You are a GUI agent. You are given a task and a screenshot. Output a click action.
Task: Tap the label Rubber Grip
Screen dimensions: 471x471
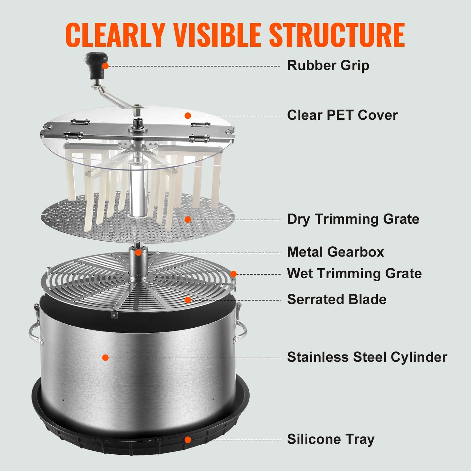(x=328, y=66)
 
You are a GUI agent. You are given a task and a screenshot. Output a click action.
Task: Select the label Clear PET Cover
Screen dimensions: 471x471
(x=342, y=115)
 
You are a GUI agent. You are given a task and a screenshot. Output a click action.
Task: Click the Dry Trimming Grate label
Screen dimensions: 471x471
(x=353, y=219)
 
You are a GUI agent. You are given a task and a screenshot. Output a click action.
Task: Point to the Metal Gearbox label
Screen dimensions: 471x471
(x=335, y=252)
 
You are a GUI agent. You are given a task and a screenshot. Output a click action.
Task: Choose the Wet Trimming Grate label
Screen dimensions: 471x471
(x=354, y=273)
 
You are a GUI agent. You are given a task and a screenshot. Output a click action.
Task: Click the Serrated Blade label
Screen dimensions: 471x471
(x=337, y=299)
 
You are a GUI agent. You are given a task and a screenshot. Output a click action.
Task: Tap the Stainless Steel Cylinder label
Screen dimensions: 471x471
(x=367, y=357)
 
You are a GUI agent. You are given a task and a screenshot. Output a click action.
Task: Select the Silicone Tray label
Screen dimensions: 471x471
(x=331, y=439)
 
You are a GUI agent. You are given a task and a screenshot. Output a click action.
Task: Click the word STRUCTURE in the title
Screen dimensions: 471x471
(x=337, y=35)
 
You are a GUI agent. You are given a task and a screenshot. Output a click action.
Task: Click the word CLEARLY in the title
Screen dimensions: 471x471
(x=115, y=35)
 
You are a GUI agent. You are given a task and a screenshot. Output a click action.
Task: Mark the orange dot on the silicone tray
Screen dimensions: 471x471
(x=188, y=440)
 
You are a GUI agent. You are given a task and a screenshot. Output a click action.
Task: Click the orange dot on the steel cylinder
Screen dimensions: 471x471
(x=105, y=358)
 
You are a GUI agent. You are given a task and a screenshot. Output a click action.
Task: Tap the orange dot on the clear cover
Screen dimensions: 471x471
(x=188, y=116)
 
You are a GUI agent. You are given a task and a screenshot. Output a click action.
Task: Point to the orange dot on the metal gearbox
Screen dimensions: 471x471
(x=139, y=253)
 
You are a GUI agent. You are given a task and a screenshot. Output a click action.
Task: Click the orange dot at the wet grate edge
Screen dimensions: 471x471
(x=233, y=274)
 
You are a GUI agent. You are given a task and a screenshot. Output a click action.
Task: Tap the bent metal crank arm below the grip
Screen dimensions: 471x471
(x=114, y=96)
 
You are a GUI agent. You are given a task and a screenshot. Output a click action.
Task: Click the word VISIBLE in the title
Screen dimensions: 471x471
(x=217, y=35)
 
